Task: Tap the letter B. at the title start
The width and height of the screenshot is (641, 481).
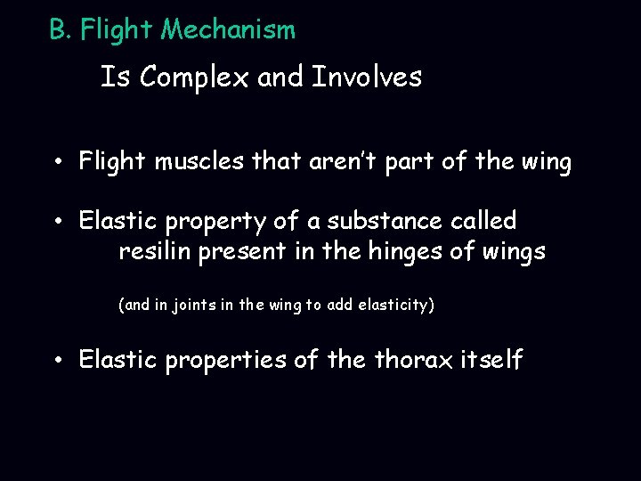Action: pyautogui.click(x=60, y=31)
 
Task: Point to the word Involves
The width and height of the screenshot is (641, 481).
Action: pyautogui.click(x=367, y=78)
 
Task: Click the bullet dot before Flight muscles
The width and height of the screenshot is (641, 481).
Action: pyautogui.click(x=56, y=164)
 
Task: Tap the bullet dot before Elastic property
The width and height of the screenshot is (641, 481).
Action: pyautogui.click(x=56, y=221)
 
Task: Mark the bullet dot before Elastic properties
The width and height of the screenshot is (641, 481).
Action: pyautogui.click(x=56, y=362)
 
